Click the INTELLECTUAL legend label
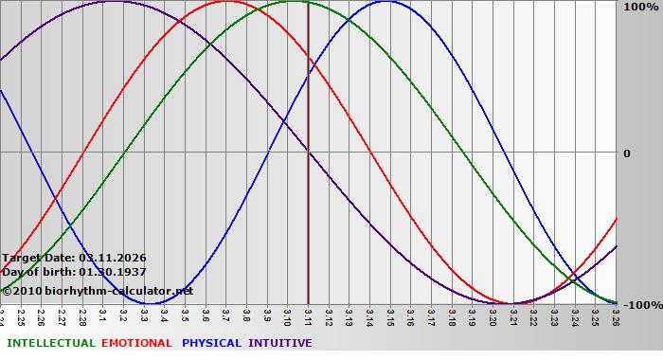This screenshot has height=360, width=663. [50, 343]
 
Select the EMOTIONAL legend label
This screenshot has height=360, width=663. [136, 343]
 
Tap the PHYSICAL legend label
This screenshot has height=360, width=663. [211, 343]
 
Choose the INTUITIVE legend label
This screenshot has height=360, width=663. [279, 343]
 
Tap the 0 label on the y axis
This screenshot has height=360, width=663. [626, 153]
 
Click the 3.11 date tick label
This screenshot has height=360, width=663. [308, 315]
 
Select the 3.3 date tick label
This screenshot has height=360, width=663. [144, 315]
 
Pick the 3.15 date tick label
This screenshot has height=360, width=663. [389, 315]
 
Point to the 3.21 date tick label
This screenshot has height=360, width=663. [512, 315]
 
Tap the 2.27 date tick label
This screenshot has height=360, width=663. [63, 315]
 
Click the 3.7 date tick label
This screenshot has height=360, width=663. [225, 315]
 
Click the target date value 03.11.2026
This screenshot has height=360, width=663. [113, 258]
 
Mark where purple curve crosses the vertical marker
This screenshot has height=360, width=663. [308, 152]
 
